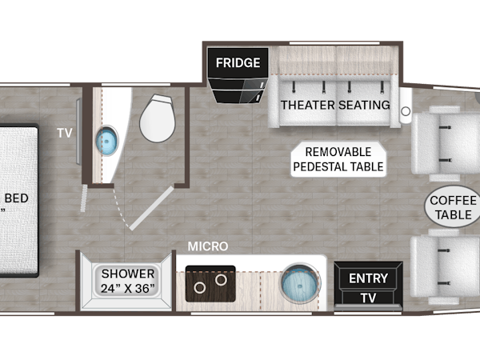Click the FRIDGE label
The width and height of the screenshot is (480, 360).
238,62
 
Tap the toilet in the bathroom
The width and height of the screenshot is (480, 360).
158,118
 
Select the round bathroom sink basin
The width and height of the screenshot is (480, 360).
107,141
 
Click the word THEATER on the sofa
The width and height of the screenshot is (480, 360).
308,105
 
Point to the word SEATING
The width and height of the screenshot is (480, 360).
364,105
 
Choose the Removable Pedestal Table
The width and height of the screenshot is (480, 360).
338,159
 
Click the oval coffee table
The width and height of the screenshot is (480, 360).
453,207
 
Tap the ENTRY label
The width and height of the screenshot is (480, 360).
368,278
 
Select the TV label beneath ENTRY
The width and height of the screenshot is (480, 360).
368,298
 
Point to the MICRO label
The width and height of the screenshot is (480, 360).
208,246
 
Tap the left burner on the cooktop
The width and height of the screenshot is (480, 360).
199,288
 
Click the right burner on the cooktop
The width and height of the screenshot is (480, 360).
221,279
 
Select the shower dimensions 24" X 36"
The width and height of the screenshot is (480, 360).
128,288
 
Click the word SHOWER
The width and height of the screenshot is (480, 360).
128,274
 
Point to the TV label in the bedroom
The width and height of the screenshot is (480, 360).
65,133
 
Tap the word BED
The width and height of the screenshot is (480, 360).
17,198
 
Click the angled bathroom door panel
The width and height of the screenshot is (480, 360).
152,208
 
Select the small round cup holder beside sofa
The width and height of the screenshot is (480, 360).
406,111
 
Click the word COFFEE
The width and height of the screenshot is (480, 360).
453,201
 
